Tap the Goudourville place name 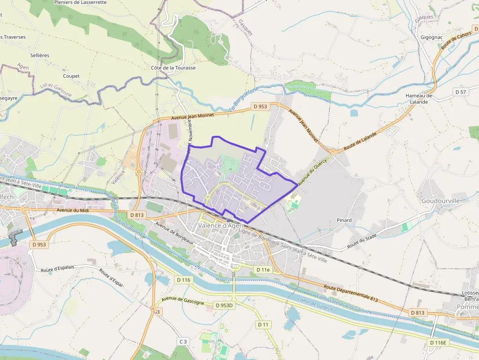(441, 201)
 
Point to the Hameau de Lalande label (419, 99)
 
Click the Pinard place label (344, 220)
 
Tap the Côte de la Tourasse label (173, 68)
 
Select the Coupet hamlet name (71, 76)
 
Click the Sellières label (39, 55)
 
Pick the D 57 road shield (460, 92)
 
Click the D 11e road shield (263, 270)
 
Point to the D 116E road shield (438, 342)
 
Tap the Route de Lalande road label (360, 141)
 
